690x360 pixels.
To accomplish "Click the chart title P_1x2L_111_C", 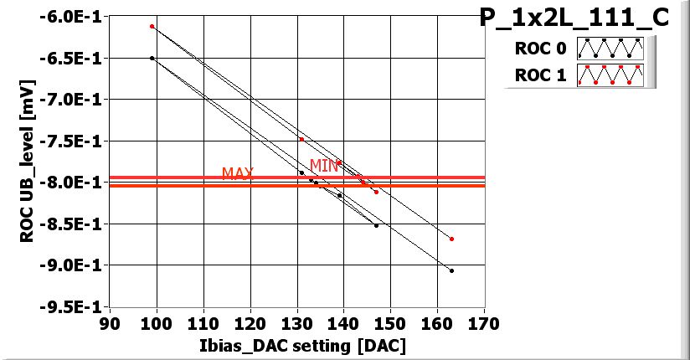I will (574, 18).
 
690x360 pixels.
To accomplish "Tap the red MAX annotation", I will (238, 173).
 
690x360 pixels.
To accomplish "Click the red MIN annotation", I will (324, 166).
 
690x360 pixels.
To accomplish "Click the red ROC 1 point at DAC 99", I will (152, 26).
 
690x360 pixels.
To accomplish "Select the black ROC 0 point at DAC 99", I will (152, 58).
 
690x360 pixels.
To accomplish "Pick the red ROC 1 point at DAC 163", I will (451, 239).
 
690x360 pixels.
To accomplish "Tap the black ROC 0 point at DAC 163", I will (451, 270).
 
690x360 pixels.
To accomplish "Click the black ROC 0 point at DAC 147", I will (376, 225).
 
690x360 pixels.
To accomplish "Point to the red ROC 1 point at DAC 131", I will (301, 139).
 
